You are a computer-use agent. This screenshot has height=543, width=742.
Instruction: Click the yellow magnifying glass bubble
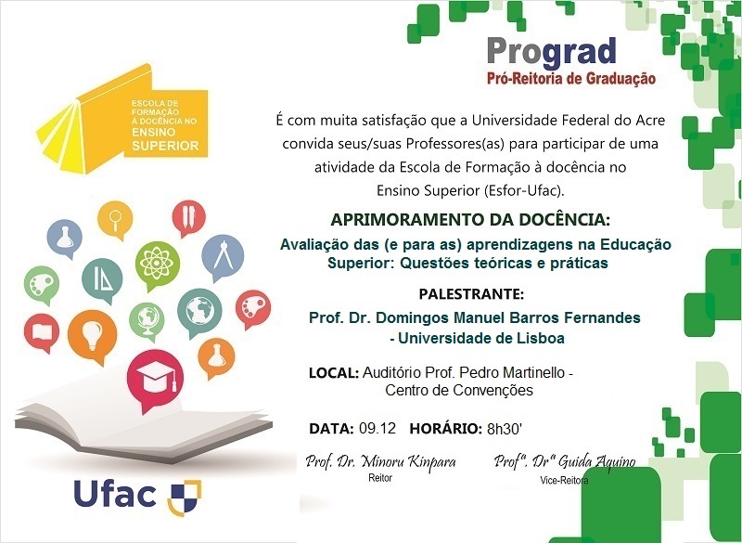pos(116,222)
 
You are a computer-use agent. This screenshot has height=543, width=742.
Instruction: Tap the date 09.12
pos(377,429)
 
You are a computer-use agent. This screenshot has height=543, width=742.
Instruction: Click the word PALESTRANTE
pos(471,294)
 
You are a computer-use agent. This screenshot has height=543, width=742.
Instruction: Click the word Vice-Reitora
pos(564,480)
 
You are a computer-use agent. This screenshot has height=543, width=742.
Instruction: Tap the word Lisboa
pos(540,339)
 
